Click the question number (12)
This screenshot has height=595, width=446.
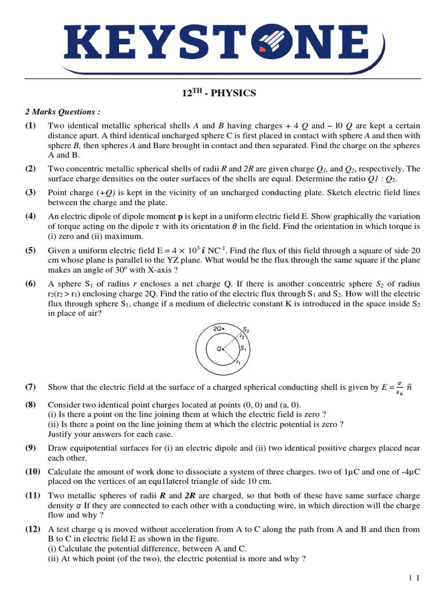pos(33,529)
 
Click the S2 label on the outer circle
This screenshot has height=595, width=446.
pos(246,329)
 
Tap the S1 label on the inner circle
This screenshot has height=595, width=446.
pos(244,348)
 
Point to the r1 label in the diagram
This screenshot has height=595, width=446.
pos(238,363)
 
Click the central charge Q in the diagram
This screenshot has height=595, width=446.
pos(220,349)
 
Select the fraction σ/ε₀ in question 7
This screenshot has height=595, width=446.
pos(400,387)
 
